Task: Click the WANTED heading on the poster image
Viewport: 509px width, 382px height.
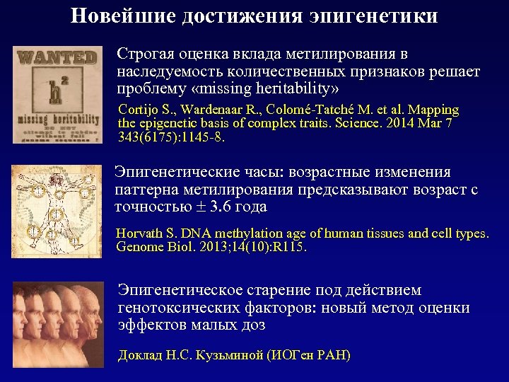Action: (58, 58)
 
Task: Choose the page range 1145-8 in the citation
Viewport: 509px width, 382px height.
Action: (199, 137)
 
